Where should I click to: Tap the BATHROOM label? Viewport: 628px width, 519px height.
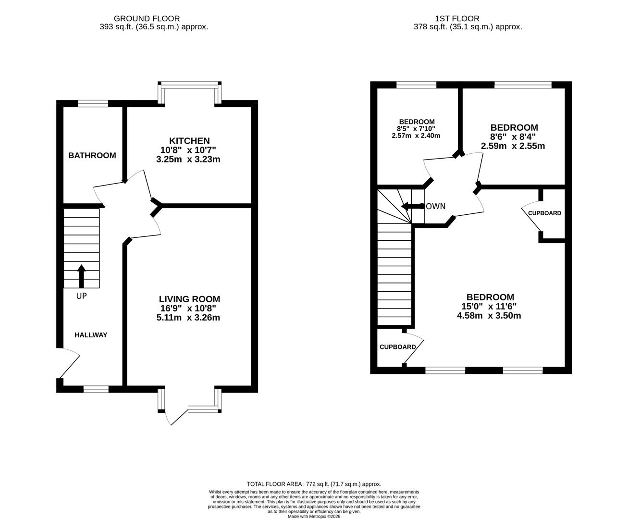coord(92,155)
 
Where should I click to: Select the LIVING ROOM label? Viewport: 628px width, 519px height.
coord(189,299)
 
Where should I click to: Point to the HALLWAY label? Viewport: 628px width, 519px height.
coord(90,335)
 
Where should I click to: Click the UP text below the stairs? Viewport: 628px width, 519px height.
coord(81,296)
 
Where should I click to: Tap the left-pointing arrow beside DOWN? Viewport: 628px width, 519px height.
coord(410,206)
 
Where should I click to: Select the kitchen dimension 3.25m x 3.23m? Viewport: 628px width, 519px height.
coord(188,159)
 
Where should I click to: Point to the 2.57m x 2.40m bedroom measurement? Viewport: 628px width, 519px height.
coord(416,136)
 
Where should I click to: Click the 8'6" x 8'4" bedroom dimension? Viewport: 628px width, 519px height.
coord(513,137)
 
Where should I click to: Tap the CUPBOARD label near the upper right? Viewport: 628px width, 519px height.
coord(544,213)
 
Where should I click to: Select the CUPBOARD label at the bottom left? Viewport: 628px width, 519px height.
coord(397,347)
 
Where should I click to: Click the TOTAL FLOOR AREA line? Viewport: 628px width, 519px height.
coord(314,484)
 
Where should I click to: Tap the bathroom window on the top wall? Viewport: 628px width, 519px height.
coord(93,103)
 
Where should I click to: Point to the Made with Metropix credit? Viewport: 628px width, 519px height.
coord(314,517)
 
